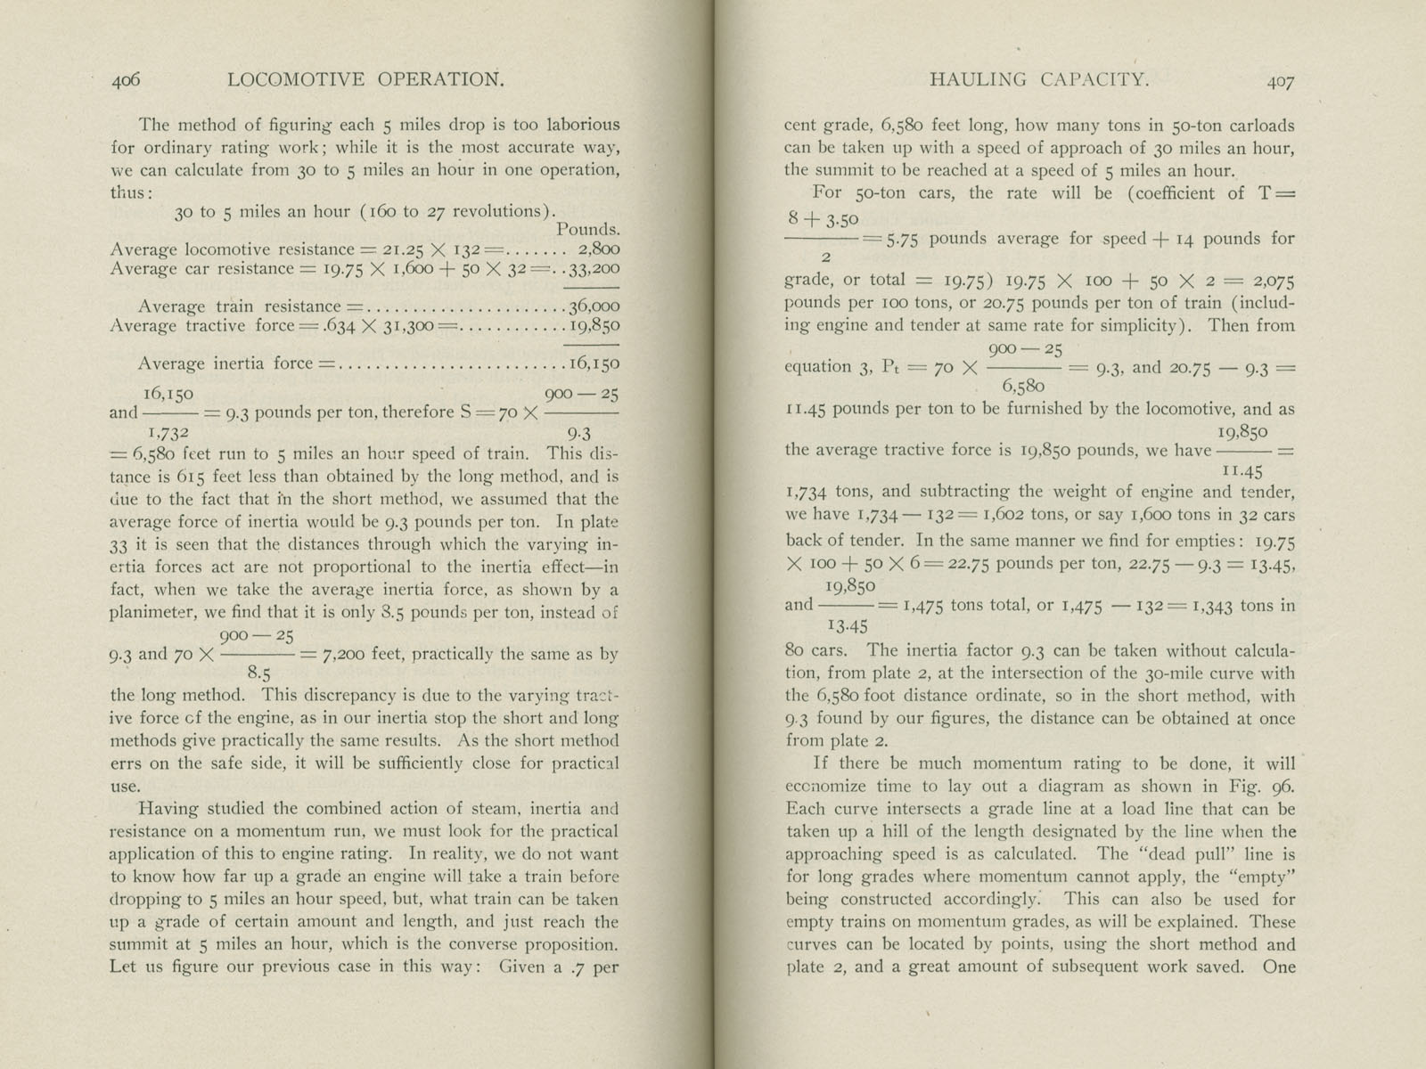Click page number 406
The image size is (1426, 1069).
[x=127, y=80]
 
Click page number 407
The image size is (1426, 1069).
[x=1281, y=81]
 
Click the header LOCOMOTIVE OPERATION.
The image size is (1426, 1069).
[x=366, y=79]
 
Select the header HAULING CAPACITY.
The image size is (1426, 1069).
[x=1039, y=79]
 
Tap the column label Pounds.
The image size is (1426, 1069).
[x=588, y=230]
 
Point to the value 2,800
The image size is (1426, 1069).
[x=599, y=249]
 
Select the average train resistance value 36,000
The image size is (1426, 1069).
[x=594, y=306]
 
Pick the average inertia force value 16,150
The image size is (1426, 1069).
[x=594, y=363]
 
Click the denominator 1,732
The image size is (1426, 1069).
[x=168, y=431]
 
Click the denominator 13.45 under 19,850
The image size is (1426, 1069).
[x=848, y=625]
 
